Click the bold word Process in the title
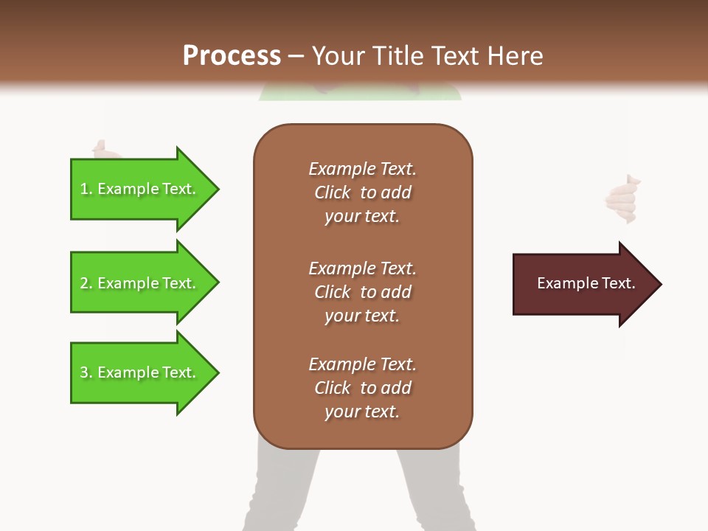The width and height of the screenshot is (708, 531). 232,56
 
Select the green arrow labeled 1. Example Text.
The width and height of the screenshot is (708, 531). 140,189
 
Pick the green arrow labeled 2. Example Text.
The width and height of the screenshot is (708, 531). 140,283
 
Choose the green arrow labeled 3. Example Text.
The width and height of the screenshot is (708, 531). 140,372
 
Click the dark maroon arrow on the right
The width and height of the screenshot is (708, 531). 583,284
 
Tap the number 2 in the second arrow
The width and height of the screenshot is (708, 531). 84,284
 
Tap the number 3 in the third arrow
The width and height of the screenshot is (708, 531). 84,373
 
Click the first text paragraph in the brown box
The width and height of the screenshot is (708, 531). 362,192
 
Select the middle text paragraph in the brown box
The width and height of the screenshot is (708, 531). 362,292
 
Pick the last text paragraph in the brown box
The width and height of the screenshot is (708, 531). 362,388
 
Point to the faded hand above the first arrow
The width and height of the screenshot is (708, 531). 103,150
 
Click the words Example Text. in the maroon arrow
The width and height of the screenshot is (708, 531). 586,283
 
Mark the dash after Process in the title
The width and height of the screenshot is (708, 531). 296,57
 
